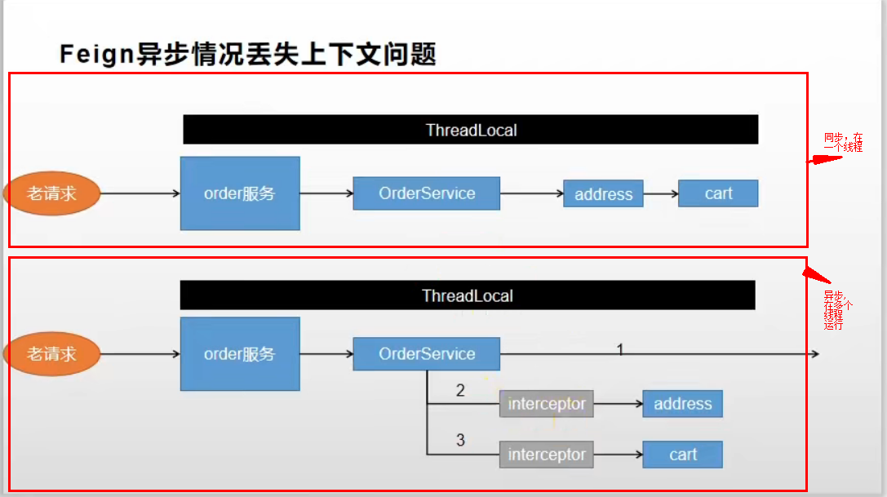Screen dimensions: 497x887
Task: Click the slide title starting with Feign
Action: tap(248, 54)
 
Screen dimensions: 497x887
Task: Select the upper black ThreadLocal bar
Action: tap(471, 130)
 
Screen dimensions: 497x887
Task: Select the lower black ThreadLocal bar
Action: tap(468, 295)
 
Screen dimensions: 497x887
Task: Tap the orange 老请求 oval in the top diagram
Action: tap(52, 193)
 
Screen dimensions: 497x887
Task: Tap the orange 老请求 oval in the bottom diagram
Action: tap(52, 354)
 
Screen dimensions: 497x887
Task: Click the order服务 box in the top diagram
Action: tap(240, 193)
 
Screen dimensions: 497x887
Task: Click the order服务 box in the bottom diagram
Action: tap(240, 354)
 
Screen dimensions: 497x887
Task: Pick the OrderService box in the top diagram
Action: tap(426, 194)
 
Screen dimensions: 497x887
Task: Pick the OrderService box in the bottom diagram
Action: tap(426, 354)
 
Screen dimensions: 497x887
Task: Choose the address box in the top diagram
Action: tap(603, 194)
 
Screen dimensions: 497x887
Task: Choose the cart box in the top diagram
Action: tap(718, 193)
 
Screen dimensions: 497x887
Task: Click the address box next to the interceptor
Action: tap(682, 404)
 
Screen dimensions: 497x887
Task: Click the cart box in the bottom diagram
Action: tap(682, 455)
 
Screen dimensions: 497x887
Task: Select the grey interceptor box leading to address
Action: tap(546, 404)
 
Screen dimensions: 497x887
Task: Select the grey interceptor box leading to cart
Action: tap(546, 455)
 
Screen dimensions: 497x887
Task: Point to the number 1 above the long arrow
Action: tap(620, 349)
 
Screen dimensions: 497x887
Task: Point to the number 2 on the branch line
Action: tap(460, 391)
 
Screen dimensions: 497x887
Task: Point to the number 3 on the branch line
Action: tap(460, 441)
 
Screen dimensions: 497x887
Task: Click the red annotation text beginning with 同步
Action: tap(843, 142)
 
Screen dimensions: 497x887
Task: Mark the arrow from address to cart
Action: tap(661, 194)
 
